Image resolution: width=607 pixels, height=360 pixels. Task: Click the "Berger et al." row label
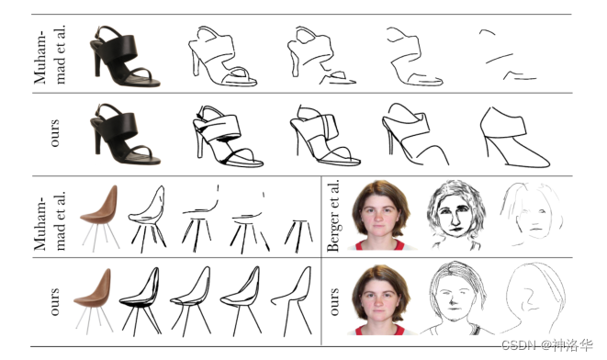[x=333, y=215]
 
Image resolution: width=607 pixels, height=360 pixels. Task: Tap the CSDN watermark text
[x=547, y=344]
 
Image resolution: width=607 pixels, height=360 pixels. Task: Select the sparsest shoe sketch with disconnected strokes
[x=508, y=55]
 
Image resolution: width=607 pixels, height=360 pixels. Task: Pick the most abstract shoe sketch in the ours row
[x=514, y=137]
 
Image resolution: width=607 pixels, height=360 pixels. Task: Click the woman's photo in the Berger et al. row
[x=380, y=215]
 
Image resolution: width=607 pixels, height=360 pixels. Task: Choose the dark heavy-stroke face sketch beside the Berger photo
[x=456, y=215]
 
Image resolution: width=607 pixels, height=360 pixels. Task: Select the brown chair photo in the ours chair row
[x=93, y=301]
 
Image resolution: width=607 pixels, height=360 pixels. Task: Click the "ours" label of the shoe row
[x=54, y=133]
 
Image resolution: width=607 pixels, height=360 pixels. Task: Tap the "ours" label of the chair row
[x=54, y=301]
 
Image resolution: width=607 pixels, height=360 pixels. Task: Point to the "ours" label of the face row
[x=333, y=301]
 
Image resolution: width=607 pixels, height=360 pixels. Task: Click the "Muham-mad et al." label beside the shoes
[x=50, y=54]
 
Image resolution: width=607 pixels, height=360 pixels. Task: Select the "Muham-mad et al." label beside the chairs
[x=50, y=220]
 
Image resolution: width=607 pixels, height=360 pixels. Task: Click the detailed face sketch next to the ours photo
[x=456, y=298]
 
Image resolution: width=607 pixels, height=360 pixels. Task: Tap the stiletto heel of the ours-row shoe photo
[x=97, y=142]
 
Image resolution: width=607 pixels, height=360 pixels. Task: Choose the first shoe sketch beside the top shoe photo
[x=222, y=57]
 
